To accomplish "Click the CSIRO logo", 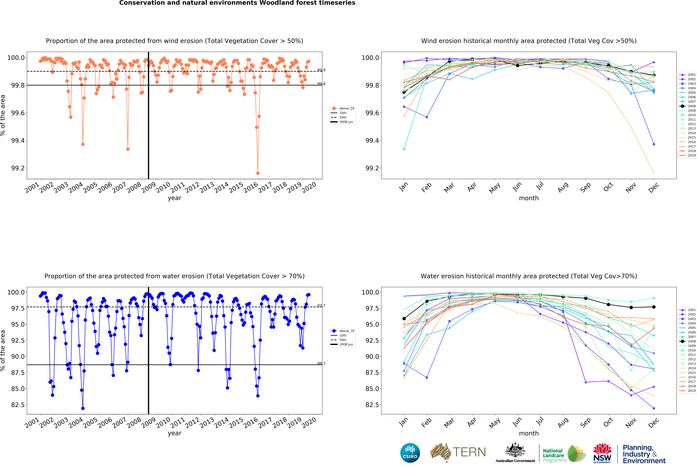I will (410, 453).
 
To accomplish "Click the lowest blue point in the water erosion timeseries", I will (83, 408).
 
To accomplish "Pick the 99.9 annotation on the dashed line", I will (321, 70).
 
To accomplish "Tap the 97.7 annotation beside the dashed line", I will (321, 306).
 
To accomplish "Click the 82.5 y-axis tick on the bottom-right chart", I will (372, 405).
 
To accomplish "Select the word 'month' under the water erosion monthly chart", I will (529, 433).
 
